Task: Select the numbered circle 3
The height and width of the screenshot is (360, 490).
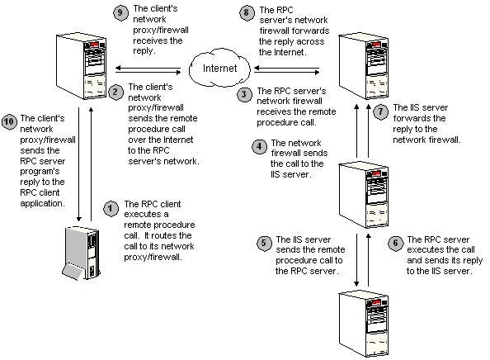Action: pyautogui.click(x=244, y=94)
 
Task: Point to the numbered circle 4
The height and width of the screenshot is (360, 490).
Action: pyautogui.click(x=259, y=146)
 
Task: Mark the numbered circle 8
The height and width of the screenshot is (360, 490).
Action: pyautogui.click(x=245, y=12)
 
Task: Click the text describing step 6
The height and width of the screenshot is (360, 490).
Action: pyautogui.click(x=439, y=253)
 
